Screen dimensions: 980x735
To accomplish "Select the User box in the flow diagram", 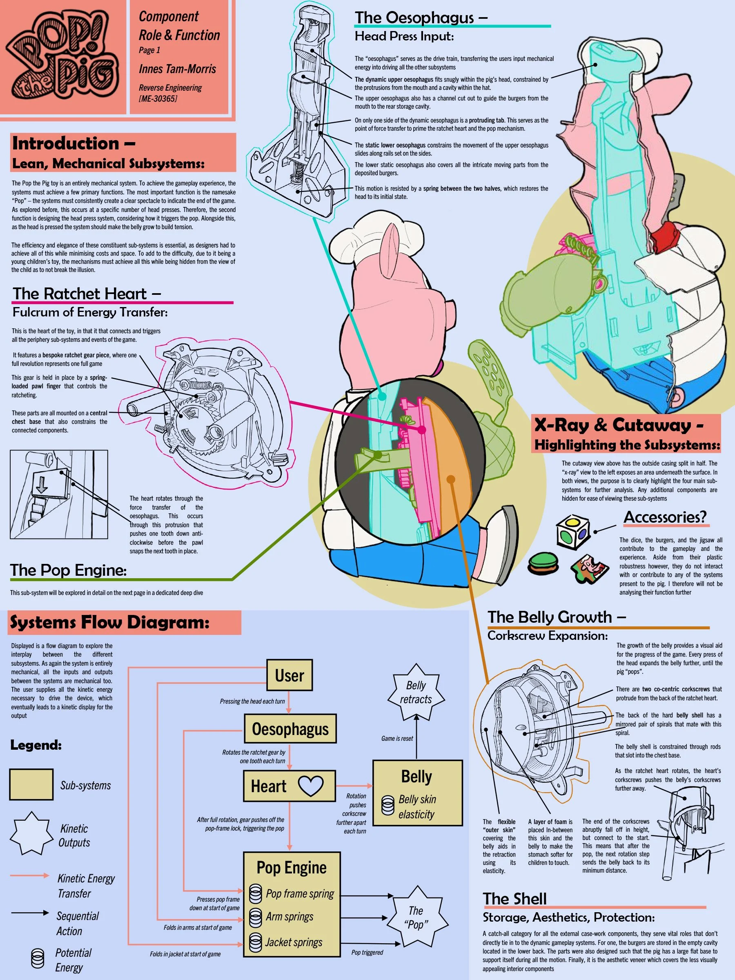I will pos(289,675).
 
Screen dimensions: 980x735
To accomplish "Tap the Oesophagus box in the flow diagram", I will pos(290,729).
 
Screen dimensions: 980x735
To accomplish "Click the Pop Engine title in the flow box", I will pos(292,867).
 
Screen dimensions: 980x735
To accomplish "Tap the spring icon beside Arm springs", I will pos(255,917).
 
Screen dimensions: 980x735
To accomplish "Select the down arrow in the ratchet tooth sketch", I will pos(42,485).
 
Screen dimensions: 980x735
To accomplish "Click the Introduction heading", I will pos(73,144).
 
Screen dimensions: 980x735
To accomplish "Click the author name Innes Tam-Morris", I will pos(177,69).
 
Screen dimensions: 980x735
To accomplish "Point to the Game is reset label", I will pos(397,739).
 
